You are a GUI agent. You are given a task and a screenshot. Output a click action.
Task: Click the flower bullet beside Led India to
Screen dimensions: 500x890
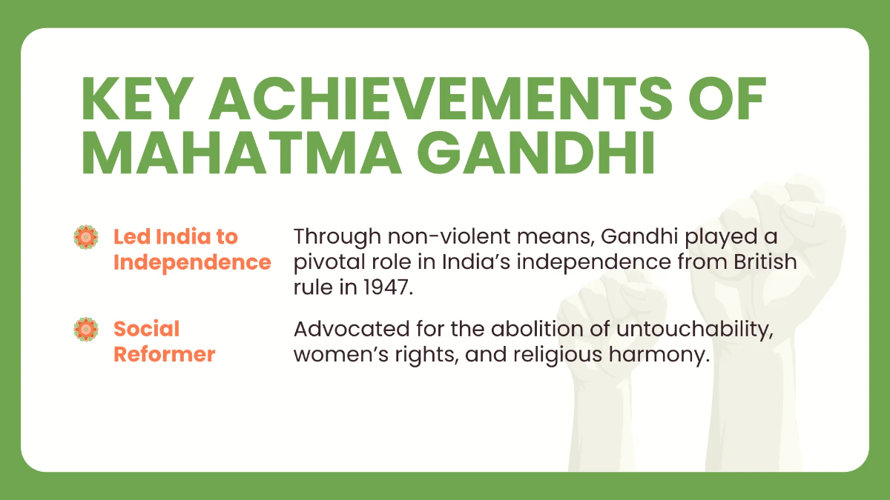click(87, 237)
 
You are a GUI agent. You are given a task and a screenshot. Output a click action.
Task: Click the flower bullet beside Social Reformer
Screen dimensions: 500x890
click(87, 329)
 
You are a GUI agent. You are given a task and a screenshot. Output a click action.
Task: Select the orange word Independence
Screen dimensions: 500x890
click(192, 262)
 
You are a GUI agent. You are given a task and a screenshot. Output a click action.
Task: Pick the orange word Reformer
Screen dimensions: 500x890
click(164, 354)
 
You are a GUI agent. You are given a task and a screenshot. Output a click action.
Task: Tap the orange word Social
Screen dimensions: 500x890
click(146, 329)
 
